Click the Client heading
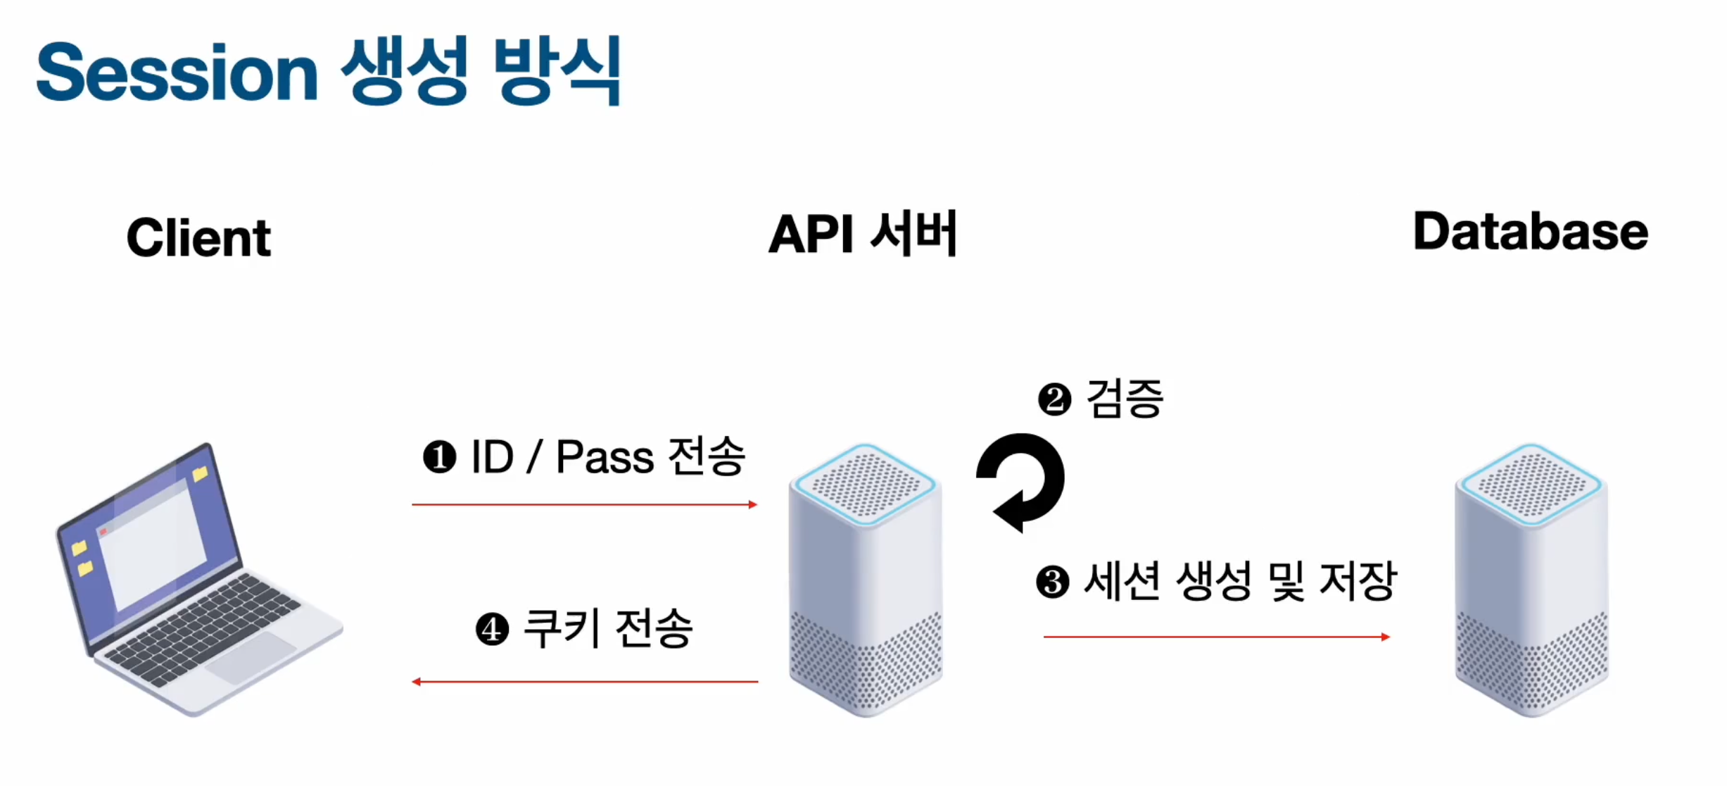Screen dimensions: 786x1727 [198, 237]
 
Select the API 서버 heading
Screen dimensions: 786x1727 [863, 233]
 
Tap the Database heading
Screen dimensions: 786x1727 [1531, 232]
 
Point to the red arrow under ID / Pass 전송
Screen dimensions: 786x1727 [584, 504]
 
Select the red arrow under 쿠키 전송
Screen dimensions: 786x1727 [584, 681]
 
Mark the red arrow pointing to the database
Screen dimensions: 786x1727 [1216, 637]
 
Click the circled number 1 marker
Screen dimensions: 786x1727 [440, 457]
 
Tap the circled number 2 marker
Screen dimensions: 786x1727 [1054, 399]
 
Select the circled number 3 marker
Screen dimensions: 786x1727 [1053, 582]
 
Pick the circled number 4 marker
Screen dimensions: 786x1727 [492, 629]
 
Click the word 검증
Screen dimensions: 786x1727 [1125, 398]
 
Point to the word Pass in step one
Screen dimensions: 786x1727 [605, 457]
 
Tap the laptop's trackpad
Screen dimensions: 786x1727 [252, 657]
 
